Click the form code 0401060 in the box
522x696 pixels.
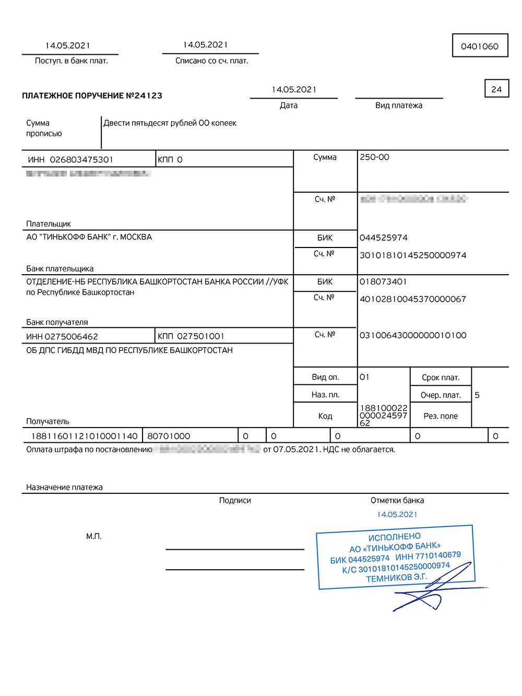(x=479, y=46)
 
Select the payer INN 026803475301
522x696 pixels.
(x=81, y=160)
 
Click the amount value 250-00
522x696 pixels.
(x=374, y=157)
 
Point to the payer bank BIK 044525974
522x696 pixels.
(x=383, y=238)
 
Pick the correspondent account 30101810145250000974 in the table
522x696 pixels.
(x=412, y=255)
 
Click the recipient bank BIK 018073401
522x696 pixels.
(x=383, y=282)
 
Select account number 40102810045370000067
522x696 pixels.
(x=412, y=299)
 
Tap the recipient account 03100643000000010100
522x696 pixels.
(x=412, y=335)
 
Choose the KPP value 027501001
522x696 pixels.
(x=200, y=336)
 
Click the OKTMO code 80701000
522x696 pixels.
(x=169, y=436)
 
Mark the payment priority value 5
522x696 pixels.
(x=477, y=395)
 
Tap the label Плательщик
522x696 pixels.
(x=49, y=224)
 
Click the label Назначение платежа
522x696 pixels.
(x=64, y=488)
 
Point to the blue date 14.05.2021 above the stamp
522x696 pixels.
(x=397, y=515)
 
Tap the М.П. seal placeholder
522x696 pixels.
(x=94, y=537)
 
